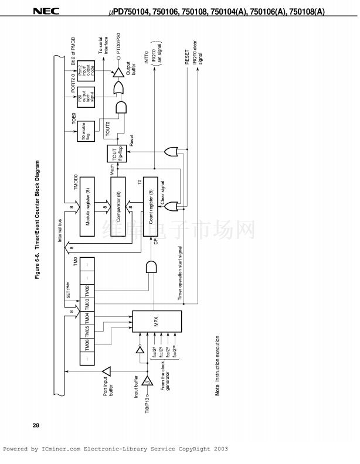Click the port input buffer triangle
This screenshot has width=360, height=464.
click(x=107, y=371)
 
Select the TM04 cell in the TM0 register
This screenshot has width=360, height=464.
click(x=86, y=319)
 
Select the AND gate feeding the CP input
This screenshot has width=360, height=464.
click(x=151, y=267)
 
